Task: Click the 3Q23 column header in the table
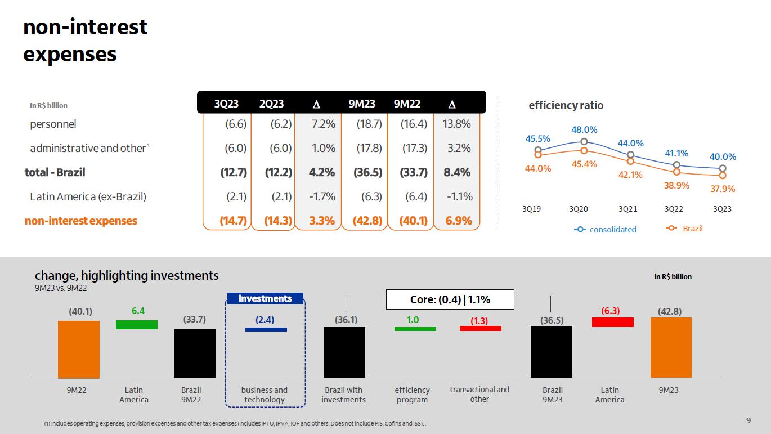point(226,104)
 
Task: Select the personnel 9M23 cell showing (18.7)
point(369,124)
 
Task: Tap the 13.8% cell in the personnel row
point(456,124)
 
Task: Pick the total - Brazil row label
point(55,172)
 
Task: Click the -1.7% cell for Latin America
point(322,196)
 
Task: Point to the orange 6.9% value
point(459,221)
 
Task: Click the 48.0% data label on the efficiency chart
point(584,130)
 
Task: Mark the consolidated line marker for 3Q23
point(723,168)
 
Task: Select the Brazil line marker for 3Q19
point(537,155)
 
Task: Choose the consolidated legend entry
point(605,230)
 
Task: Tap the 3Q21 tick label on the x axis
point(628,209)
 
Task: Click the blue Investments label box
point(265,298)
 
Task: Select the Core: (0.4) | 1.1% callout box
point(450,299)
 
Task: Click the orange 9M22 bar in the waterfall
point(79,350)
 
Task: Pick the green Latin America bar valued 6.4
point(137,325)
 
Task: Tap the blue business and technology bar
point(266,330)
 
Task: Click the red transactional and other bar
point(481,329)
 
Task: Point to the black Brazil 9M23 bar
point(552,352)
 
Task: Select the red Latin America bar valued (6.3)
point(613,322)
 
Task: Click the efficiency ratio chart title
point(566,105)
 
